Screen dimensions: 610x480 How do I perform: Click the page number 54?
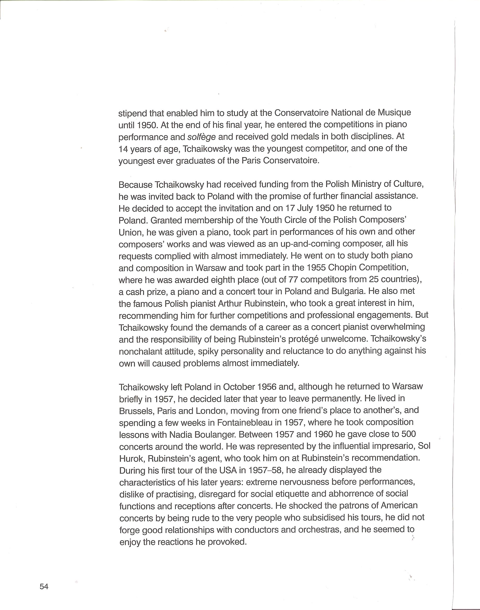(x=44, y=587)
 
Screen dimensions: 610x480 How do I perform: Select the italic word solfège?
(x=201, y=137)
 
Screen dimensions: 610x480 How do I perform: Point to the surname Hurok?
(x=132, y=459)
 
